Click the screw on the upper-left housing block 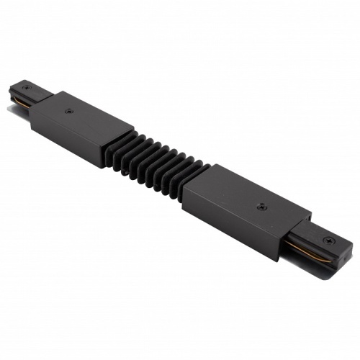click(x=68, y=111)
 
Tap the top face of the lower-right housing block click(x=245, y=198)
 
